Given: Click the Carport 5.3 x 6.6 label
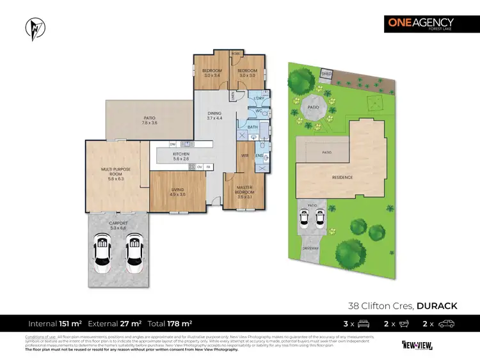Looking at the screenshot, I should (118, 224).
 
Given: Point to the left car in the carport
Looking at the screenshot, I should (102, 250).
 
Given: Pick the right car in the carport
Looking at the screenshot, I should (134, 250).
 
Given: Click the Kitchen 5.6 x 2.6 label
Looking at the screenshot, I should (181, 156).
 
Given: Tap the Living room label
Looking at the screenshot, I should (177, 191).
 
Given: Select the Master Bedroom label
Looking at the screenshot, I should (245, 191).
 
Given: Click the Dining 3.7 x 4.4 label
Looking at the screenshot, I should (214, 115).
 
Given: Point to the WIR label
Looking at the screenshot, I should (244, 155).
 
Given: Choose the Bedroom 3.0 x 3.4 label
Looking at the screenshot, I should (212, 73).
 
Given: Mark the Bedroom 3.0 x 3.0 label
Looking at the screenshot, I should (247, 73).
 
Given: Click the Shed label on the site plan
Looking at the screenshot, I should (327, 74).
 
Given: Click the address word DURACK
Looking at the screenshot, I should (437, 306).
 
